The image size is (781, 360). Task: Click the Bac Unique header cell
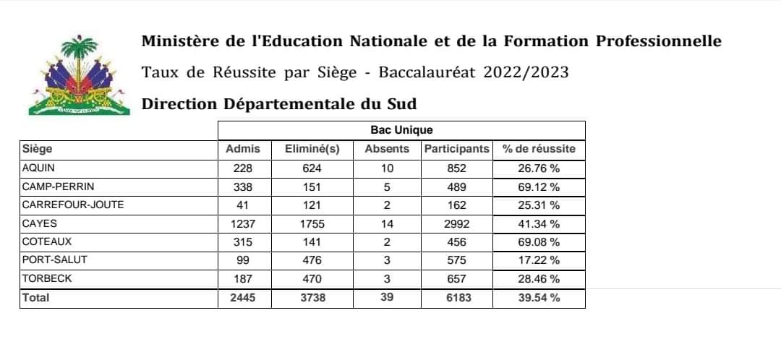click(x=401, y=130)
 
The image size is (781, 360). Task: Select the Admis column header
click(x=244, y=149)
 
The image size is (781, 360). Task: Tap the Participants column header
click(x=456, y=149)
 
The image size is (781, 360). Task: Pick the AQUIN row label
click(x=40, y=168)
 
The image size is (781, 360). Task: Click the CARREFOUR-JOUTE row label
click(x=64, y=205)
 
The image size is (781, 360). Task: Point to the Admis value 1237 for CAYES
click(x=244, y=223)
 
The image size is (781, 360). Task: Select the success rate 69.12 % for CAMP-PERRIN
click(x=539, y=187)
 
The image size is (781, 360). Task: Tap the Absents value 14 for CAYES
click(x=387, y=223)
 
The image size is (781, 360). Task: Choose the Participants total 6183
click(x=456, y=297)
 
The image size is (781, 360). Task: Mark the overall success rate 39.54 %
click(x=539, y=297)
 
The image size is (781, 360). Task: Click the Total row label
click(x=36, y=297)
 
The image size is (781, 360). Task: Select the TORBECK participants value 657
click(x=456, y=278)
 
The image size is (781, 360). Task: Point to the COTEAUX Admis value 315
click(x=244, y=241)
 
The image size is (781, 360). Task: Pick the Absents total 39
click(x=387, y=297)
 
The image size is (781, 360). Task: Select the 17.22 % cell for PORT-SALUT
click(x=539, y=260)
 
